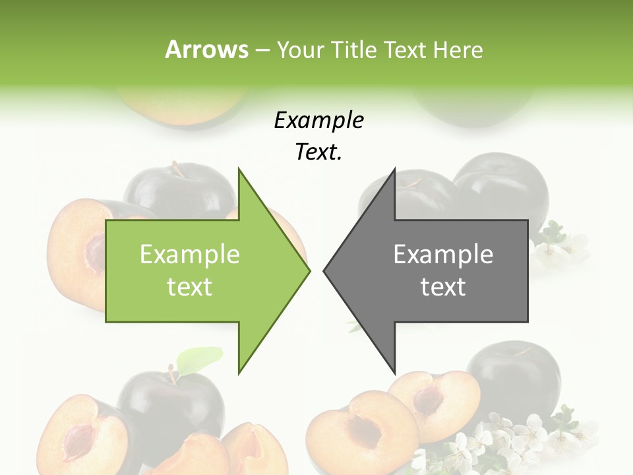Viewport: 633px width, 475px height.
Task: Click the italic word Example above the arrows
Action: [x=319, y=121]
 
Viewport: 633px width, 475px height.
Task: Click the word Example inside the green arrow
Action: [x=190, y=255]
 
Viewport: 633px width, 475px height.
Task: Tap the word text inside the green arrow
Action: [x=190, y=287]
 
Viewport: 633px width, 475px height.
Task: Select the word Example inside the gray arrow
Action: [x=443, y=255]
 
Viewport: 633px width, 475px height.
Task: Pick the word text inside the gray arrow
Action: [x=443, y=287]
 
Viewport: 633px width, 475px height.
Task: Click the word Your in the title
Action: [x=301, y=49]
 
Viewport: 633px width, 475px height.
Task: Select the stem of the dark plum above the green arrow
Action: [x=177, y=168]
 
